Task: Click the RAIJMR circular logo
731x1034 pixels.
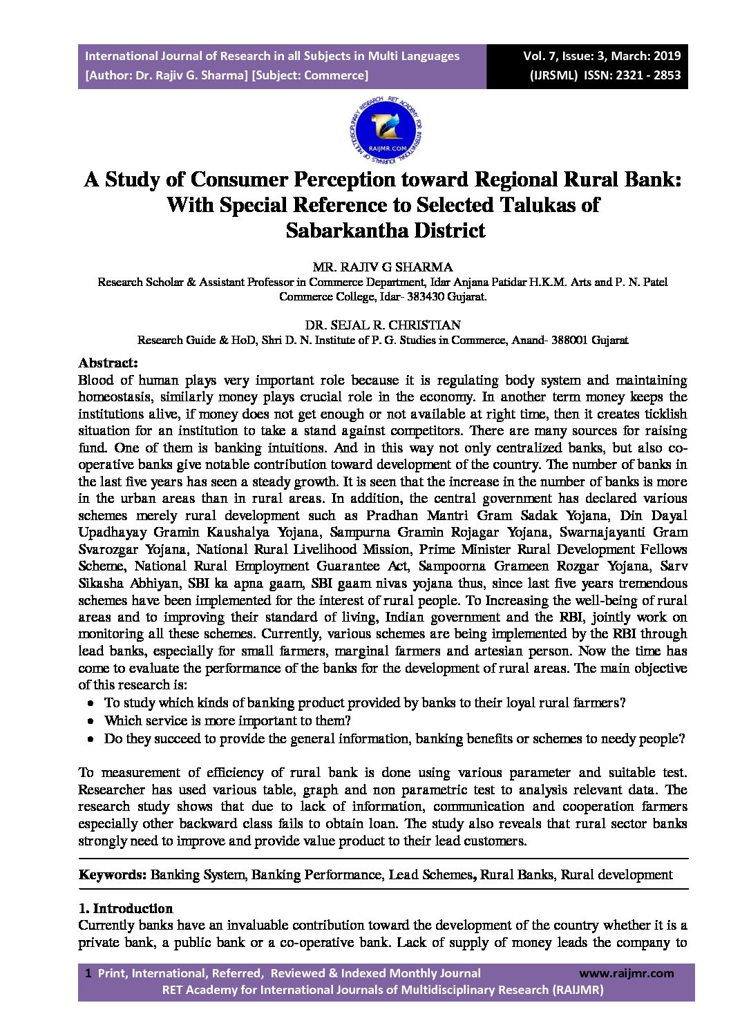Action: click(x=386, y=128)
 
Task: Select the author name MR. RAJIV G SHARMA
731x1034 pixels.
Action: click(x=383, y=267)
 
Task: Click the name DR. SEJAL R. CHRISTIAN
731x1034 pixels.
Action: click(x=383, y=325)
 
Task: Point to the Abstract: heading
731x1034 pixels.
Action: click(x=108, y=363)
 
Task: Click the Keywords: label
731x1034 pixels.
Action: click(x=112, y=874)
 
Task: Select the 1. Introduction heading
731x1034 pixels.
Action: click(x=126, y=908)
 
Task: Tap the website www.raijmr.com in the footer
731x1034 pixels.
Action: click(x=626, y=973)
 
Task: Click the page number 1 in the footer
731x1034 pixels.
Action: click(x=88, y=973)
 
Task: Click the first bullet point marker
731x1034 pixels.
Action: click(x=91, y=703)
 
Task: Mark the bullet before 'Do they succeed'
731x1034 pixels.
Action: click(x=91, y=739)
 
